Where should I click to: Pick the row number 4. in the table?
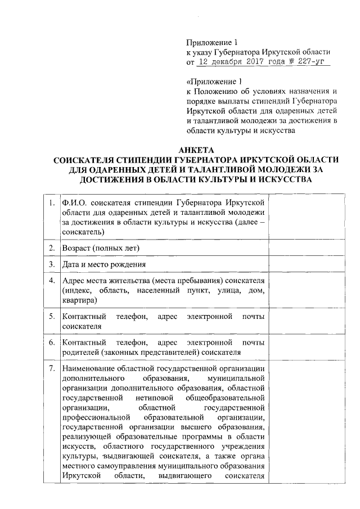[x=51, y=280]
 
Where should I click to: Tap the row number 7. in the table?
[x=51, y=368]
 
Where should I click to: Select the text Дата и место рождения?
[x=104, y=264]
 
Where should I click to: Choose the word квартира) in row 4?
[x=80, y=300]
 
